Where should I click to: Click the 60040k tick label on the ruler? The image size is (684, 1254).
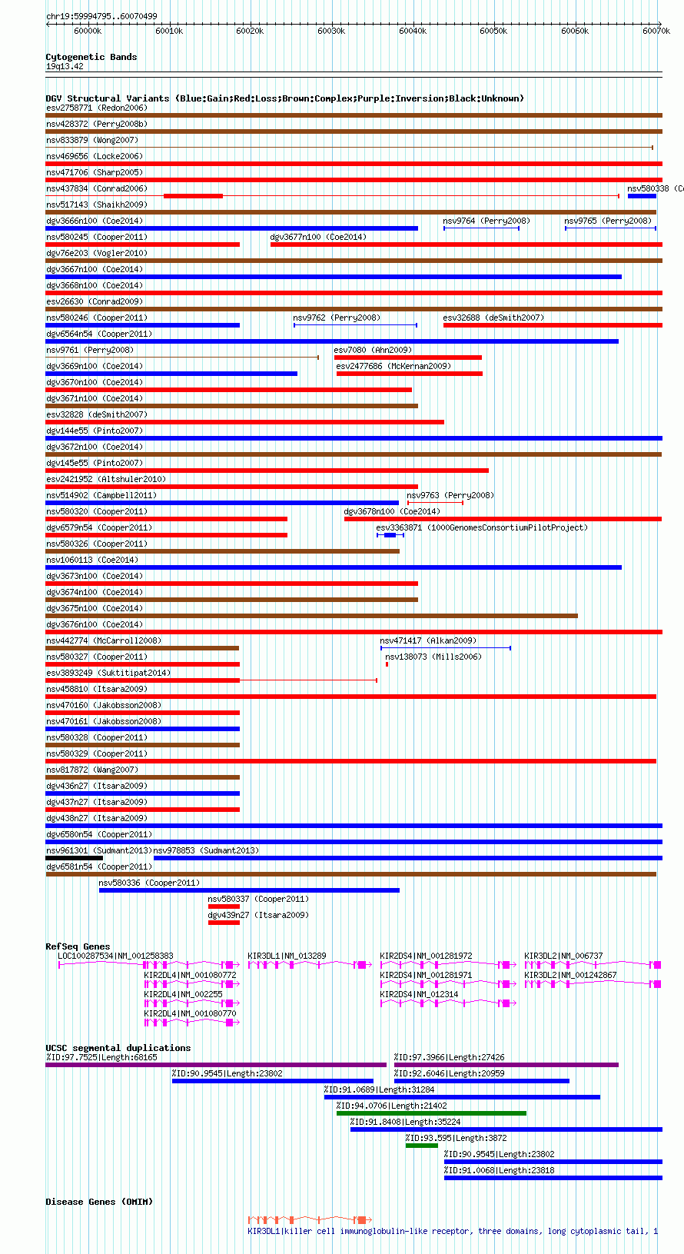click(413, 32)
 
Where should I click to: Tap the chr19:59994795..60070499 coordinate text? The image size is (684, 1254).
click(102, 17)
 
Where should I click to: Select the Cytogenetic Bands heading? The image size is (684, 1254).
click(91, 57)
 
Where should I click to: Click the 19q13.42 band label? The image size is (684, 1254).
click(65, 67)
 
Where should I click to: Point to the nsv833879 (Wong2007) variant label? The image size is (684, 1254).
click(92, 140)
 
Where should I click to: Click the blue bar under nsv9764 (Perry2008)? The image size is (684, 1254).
click(481, 228)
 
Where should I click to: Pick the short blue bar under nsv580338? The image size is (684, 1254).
click(642, 196)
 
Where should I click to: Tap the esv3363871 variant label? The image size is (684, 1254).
click(399, 527)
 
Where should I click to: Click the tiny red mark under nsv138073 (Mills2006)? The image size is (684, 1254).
click(387, 664)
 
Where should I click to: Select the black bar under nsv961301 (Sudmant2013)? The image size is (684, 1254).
click(75, 858)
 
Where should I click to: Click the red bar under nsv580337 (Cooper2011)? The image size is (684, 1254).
click(224, 906)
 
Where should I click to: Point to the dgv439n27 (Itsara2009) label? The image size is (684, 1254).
click(258, 915)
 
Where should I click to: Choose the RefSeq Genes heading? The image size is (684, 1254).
click(78, 946)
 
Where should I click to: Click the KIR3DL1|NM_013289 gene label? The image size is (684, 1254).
click(287, 956)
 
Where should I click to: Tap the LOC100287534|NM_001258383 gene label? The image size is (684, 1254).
click(115, 956)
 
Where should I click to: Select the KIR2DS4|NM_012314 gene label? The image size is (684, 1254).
click(420, 994)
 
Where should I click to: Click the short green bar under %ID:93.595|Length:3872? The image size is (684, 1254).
click(421, 1146)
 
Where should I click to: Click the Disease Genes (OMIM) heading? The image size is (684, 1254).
click(99, 1202)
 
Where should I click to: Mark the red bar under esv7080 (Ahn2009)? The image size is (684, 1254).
click(408, 358)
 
